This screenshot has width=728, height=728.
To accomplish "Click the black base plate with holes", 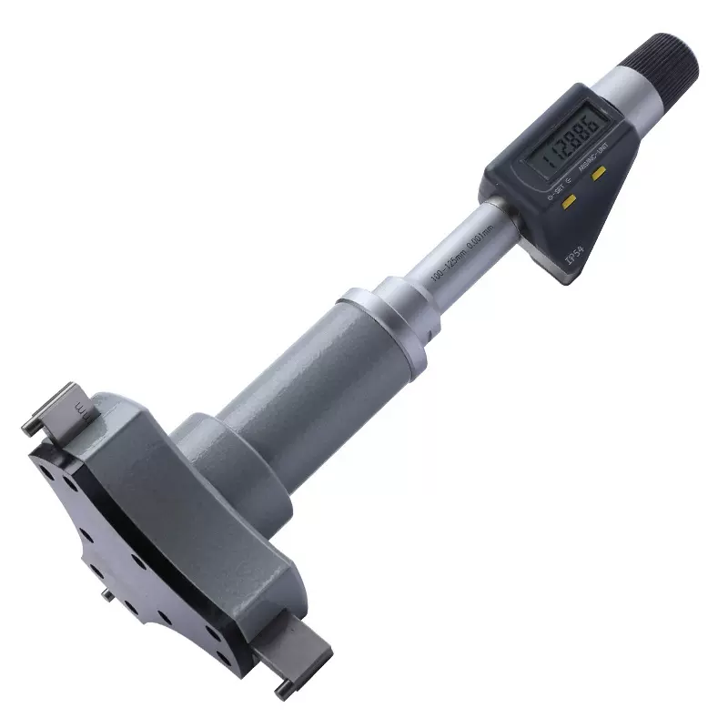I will [x=109, y=537].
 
